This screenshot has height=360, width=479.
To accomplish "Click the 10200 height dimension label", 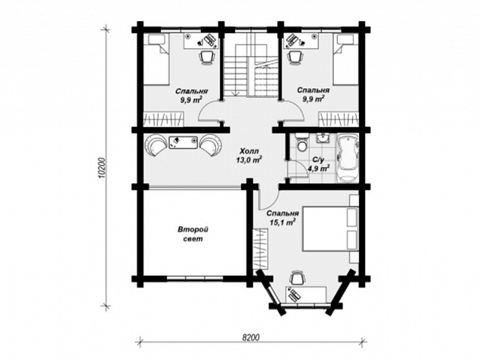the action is pos(104,167).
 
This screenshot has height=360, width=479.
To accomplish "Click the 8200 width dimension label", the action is pos(251,337).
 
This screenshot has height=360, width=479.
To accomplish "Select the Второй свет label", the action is pos(193,234).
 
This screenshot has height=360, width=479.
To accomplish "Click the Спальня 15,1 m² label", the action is pos(283,218).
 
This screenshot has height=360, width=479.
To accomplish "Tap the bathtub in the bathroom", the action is pos(348,158).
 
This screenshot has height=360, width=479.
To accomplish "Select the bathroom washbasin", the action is pos(323,138).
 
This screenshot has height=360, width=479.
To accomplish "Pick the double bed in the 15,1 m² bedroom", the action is pos(330,229).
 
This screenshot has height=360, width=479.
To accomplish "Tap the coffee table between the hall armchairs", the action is pos(184,142).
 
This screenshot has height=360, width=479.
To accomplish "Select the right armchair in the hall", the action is pos(212,144).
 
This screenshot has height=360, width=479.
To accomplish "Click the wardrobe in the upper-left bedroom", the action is pos(164,119).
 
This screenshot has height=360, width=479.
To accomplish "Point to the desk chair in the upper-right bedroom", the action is pos(295,57).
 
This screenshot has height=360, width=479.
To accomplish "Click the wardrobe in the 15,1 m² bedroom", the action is pos(261,249).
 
